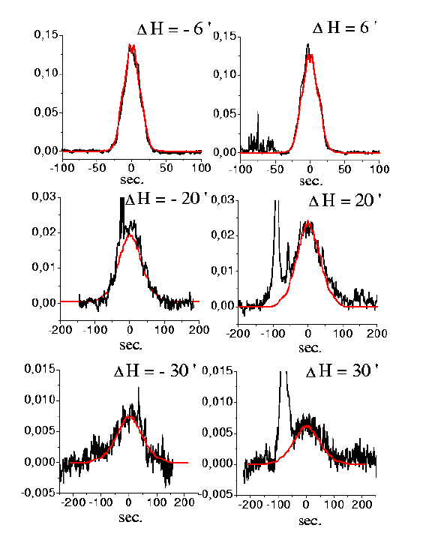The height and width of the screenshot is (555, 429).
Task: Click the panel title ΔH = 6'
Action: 344,27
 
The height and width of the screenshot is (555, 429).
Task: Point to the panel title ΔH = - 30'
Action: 155,371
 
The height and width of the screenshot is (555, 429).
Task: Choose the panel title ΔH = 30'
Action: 342,371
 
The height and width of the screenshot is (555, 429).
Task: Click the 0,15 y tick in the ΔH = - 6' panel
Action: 46,34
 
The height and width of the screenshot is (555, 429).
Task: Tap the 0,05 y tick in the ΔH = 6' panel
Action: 224,113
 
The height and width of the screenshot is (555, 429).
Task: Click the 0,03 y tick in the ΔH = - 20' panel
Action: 44,196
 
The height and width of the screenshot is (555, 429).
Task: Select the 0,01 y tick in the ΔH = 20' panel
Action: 223,271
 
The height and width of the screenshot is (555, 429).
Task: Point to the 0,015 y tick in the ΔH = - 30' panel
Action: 40,368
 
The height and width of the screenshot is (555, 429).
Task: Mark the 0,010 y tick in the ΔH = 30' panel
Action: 218,401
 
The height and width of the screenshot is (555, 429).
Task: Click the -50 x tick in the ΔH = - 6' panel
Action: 97,168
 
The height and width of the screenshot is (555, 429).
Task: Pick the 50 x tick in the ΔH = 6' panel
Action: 344,169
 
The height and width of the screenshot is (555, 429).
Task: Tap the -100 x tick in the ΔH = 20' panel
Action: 273,334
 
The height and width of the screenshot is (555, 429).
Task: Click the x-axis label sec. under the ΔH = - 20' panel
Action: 130,345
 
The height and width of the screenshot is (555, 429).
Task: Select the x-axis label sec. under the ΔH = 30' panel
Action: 310,520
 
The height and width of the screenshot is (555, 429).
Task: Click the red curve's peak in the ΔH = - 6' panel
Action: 130,45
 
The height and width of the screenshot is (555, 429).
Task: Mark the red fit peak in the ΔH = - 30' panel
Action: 130,416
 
